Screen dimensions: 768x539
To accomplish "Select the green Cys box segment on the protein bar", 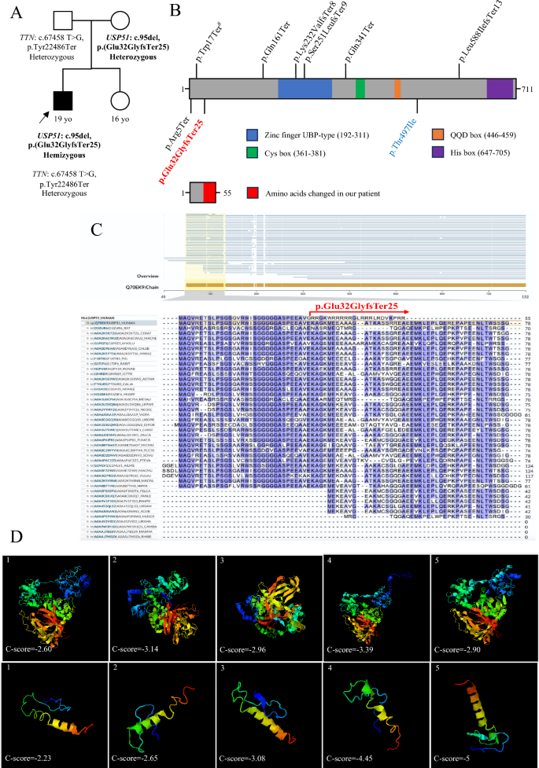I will click(x=360, y=88).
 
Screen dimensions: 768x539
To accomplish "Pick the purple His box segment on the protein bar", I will click(x=499, y=88).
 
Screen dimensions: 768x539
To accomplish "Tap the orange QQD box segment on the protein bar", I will click(x=397, y=88).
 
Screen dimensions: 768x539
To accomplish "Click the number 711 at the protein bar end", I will click(x=527, y=90).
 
